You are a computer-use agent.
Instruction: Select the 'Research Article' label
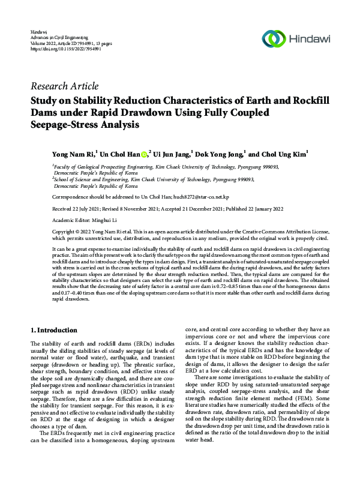(64, 86)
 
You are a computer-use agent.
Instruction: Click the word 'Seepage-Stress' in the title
(65, 125)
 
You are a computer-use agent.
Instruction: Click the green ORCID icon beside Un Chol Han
(143, 154)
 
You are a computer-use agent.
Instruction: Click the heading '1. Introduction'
(53, 330)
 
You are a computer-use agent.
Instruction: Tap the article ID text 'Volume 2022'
(42, 43)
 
